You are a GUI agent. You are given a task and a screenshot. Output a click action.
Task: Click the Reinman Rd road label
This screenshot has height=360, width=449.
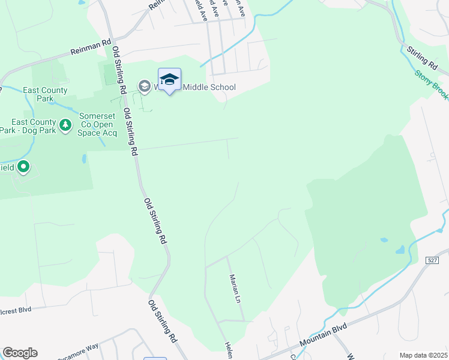(91, 47)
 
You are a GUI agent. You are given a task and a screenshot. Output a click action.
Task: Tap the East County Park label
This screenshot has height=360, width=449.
(45, 94)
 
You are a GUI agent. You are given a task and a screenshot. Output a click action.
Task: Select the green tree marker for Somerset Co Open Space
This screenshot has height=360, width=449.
(65, 125)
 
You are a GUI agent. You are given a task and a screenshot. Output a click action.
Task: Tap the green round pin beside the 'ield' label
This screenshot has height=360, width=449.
(23, 167)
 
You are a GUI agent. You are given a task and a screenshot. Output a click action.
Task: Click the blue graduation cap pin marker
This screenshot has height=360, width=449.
(169, 79)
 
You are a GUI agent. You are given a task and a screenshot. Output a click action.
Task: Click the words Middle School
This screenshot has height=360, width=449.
(209, 87)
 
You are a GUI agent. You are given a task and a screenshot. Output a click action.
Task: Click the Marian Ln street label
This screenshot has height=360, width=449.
(235, 289)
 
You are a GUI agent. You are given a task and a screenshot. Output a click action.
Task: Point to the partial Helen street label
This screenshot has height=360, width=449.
(229, 350)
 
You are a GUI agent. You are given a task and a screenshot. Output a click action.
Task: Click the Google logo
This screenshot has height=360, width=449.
(20, 353)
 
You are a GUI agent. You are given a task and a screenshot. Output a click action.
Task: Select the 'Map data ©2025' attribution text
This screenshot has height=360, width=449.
(423, 355)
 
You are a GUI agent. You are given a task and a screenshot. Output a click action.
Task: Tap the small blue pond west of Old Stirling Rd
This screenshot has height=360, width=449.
(84, 158)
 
